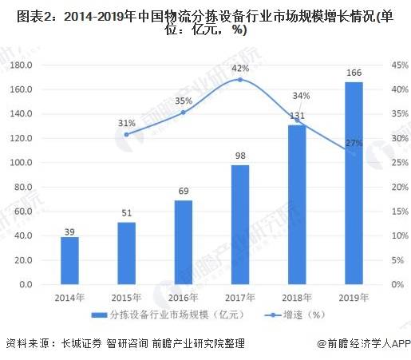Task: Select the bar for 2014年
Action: click(x=69, y=260)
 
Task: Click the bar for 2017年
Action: click(x=240, y=224)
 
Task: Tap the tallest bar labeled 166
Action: click(x=354, y=183)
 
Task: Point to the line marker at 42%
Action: click(x=240, y=80)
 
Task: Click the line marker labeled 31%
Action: click(x=127, y=135)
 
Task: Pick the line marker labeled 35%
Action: click(x=184, y=113)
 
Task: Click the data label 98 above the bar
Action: click(x=240, y=156)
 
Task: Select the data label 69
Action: click(x=184, y=191)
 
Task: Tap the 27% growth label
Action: click(x=354, y=143)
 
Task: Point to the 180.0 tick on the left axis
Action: click(x=21, y=65)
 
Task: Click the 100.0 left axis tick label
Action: click(x=21, y=162)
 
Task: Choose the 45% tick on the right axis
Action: click(x=400, y=65)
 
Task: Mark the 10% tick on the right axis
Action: click(x=400, y=235)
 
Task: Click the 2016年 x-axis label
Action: click(x=184, y=298)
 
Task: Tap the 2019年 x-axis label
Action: click(x=354, y=298)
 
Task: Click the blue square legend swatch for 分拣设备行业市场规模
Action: click(x=99, y=315)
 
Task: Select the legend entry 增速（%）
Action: click(x=295, y=315)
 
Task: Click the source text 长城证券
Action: click(x=81, y=343)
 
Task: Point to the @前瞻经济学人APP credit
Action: click(x=364, y=343)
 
